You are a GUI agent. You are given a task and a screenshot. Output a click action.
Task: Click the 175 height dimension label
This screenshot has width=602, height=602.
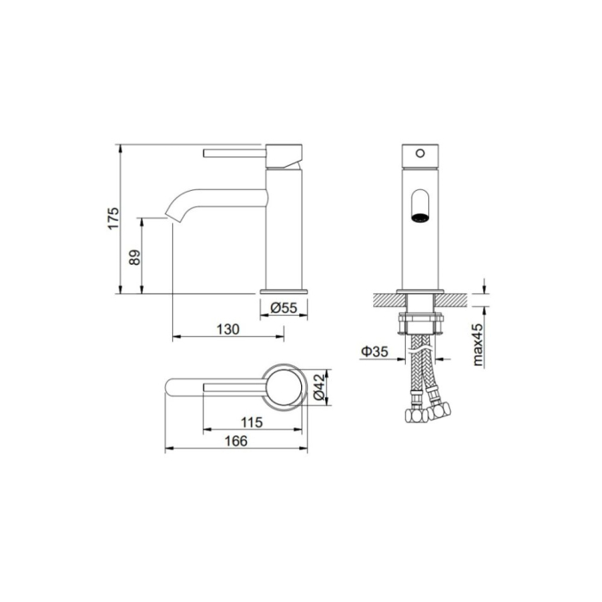(x=114, y=218)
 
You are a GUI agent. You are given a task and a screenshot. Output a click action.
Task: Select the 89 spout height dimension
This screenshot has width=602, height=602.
(x=135, y=257)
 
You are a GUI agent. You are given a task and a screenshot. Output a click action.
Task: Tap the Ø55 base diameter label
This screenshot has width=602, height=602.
(x=284, y=308)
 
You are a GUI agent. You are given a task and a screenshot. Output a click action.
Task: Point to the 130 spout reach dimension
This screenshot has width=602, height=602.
(x=228, y=329)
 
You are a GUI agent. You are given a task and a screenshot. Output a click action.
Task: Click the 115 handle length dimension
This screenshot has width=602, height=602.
(x=252, y=422)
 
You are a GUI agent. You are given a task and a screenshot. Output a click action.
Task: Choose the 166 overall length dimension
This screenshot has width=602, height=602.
(x=236, y=441)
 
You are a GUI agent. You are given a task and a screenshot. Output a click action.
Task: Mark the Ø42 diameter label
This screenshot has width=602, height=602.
(x=319, y=388)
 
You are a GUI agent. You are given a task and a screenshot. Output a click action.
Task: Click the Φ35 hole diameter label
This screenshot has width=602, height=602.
(x=374, y=351)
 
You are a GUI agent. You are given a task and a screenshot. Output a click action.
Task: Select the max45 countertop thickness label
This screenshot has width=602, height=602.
(x=477, y=344)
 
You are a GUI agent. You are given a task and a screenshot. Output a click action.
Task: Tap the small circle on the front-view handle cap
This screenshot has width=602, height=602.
(x=421, y=154)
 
